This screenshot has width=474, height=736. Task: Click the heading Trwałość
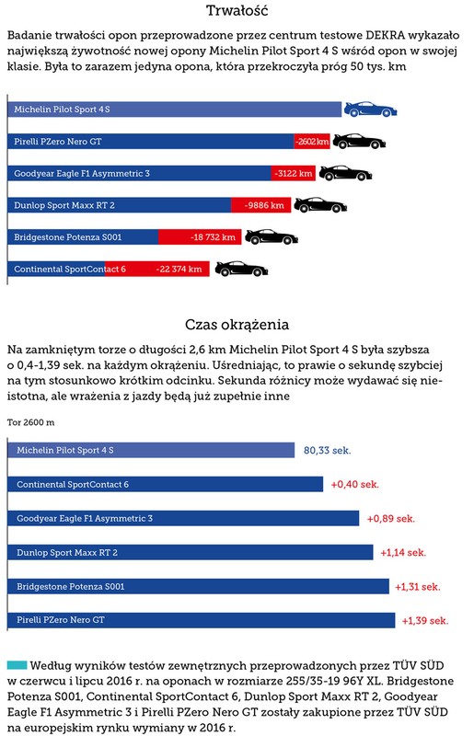pyautogui.click(x=237, y=10)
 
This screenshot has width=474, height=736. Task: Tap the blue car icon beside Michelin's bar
pyautogui.click(x=371, y=109)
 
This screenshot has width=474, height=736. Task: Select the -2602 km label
pyautogui.click(x=312, y=142)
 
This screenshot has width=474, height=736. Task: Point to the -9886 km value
pyautogui.click(x=264, y=205)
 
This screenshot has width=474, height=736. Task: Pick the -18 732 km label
pyautogui.click(x=213, y=237)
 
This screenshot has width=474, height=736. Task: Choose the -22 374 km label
pyautogui.click(x=179, y=269)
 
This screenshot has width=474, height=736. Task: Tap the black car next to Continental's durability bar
pyautogui.click(x=241, y=269)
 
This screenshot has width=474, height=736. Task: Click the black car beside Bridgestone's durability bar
pyautogui.click(x=272, y=237)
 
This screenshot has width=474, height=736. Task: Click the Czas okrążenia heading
pyautogui.click(x=237, y=325)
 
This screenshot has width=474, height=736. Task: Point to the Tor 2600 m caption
pyautogui.click(x=30, y=422)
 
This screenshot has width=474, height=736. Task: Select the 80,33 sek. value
pyautogui.click(x=328, y=451)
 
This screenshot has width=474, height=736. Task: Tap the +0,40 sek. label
pyautogui.click(x=355, y=485)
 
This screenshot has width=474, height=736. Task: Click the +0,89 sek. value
pyautogui.click(x=391, y=519)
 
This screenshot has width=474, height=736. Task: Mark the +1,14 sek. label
pyautogui.click(x=403, y=553)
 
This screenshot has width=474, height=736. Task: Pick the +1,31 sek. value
pyautogui.click(x=418, y=587)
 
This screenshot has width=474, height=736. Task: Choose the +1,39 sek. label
pyautogui.click(x=425, y=620)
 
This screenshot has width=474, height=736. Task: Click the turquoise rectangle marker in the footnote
pyautogui.click(x=17, y=665)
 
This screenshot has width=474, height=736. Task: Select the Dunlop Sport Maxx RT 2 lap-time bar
pyautogui.click(x=191, y=553)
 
